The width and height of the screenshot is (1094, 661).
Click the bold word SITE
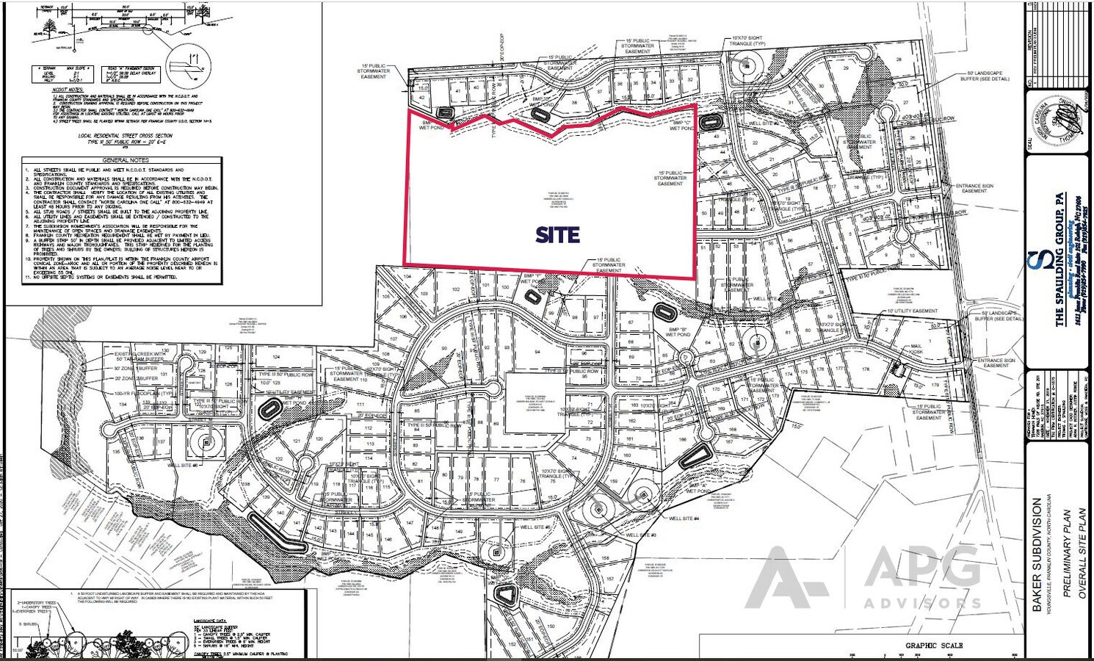click(557, 235)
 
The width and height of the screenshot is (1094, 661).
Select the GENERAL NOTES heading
click(125, 160)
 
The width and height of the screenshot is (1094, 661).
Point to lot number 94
click(538, 353)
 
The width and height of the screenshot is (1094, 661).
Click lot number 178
click(866, 369)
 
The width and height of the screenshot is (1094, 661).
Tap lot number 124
click(276, 357)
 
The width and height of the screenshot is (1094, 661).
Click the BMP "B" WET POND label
click(678, 331)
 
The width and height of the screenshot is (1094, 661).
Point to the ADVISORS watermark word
click(922, 604)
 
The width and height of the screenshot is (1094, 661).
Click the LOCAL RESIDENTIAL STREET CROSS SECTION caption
click(126, 136)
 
